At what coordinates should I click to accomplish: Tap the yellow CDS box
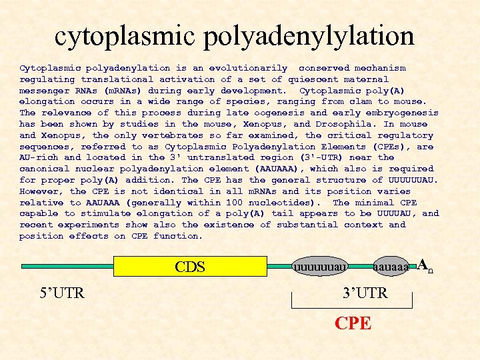click(x=191, y=266)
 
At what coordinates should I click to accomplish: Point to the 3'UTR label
click(x=365, y=293)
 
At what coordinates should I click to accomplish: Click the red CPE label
click(x=353, y=323)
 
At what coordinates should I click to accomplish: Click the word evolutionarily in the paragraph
click(x=248, y=68)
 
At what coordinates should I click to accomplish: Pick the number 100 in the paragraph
click(x=234, y=203)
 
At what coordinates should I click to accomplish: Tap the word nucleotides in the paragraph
click(x=284, y=203)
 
